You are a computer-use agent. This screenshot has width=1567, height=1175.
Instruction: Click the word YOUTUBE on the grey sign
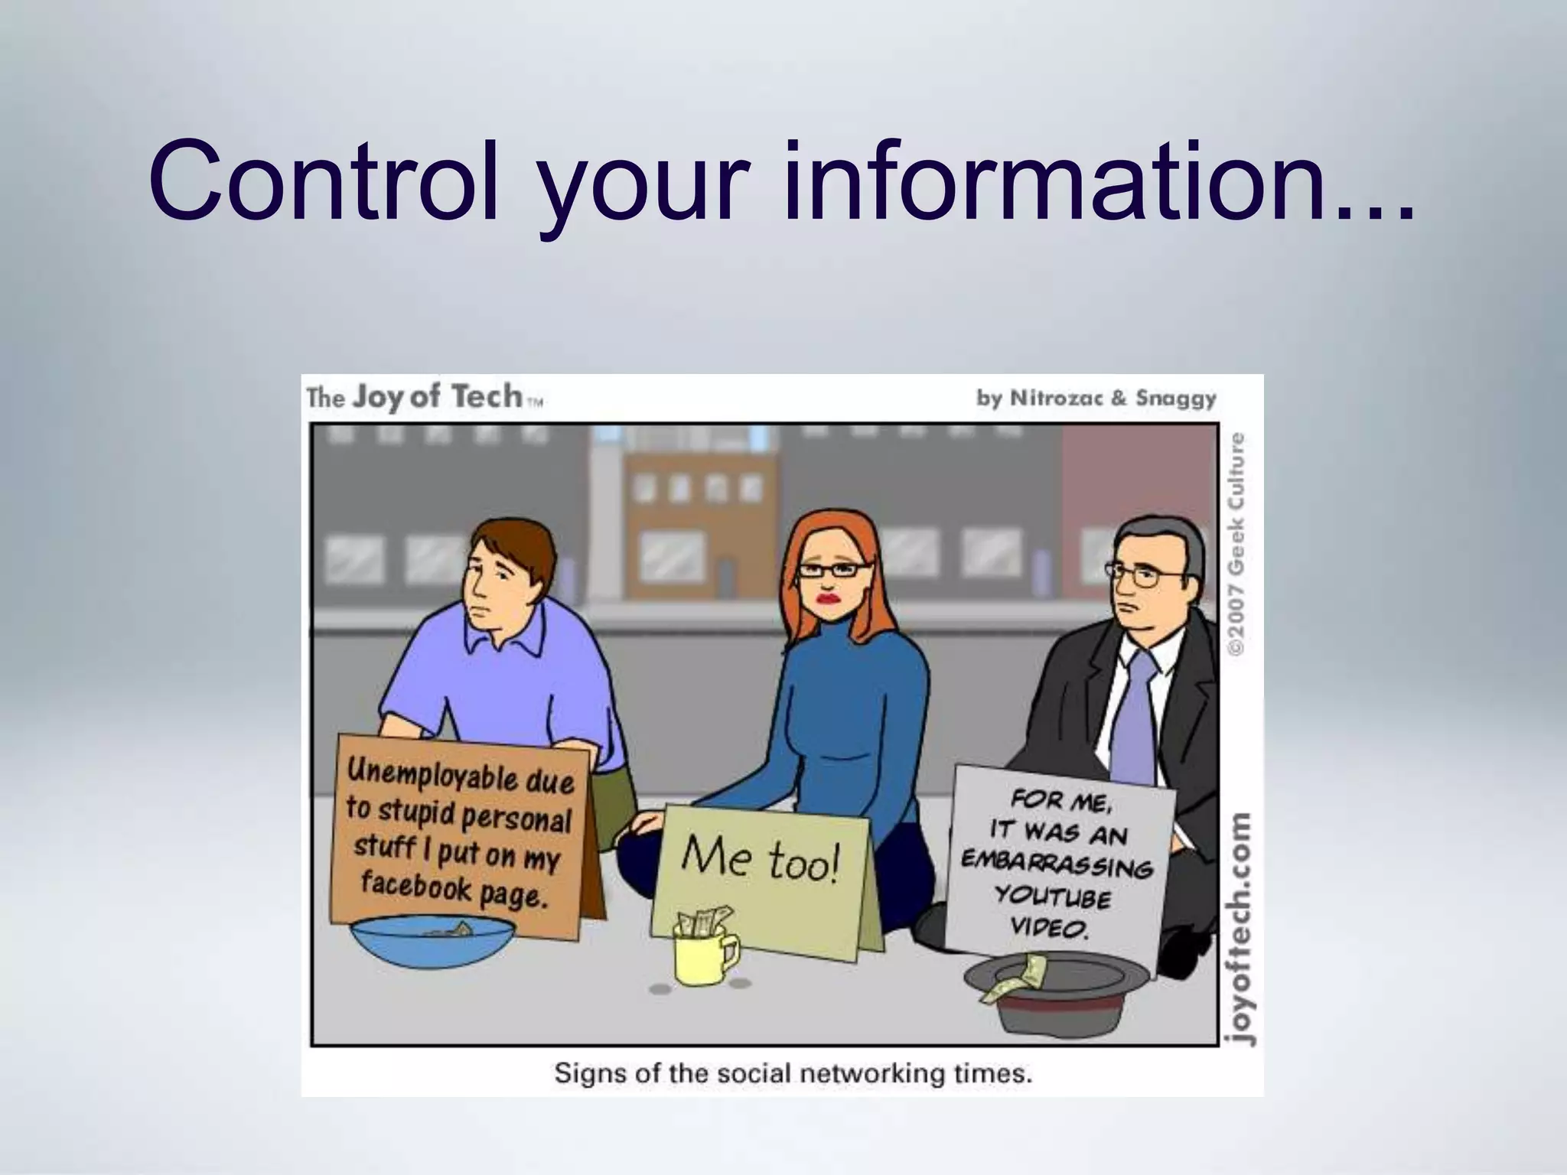(x=1051, y=896)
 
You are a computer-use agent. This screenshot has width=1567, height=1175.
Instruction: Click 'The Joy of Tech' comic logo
(x=425, y=398)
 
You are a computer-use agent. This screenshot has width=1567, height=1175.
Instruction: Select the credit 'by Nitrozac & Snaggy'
(x=1096, y=399)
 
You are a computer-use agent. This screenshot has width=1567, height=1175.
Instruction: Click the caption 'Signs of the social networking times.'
(x=793, y=1073)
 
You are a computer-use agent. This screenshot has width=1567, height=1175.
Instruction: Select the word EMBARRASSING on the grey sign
(x=1056, y=864)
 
